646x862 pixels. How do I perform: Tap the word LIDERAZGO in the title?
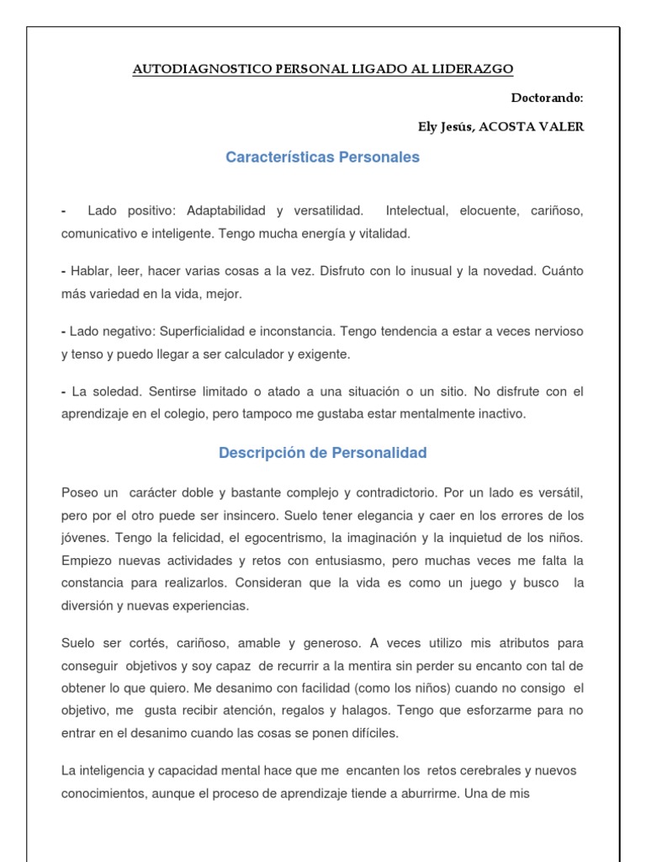tap(473, 70)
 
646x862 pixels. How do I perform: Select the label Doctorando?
tap(547, 98)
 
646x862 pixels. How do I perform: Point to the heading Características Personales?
tap(323, 157)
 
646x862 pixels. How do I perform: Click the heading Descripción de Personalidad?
tap(323, 453)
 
